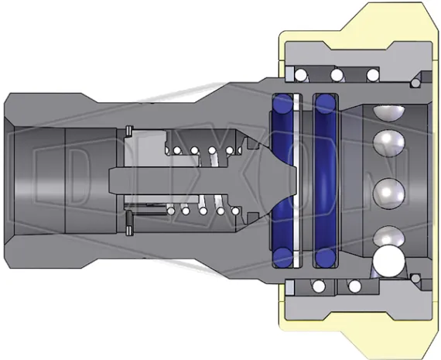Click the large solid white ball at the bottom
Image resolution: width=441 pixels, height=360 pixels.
[389, 261]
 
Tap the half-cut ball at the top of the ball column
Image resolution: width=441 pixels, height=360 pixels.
[388, 112]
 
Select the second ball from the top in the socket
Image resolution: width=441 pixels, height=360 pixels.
[388, 142]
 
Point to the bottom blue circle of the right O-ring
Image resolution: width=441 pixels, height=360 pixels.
[326, 258]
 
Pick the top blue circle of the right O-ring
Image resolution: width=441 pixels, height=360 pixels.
[326, 104]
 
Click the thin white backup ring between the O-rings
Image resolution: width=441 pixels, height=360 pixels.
[297, 180]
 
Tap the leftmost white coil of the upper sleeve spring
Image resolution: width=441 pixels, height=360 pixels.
[300, 75]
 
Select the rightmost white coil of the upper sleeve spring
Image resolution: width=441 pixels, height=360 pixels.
[373, 75]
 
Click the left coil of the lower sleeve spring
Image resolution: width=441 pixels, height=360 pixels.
[319, 286]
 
